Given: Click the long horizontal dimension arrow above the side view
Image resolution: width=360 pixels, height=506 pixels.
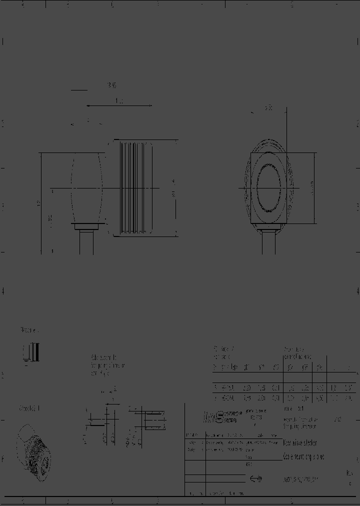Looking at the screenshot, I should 119,106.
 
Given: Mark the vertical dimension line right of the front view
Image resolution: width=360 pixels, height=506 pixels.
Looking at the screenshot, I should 314,188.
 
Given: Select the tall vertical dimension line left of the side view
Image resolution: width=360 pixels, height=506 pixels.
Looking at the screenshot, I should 41,202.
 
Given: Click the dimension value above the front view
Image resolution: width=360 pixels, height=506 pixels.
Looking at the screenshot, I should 268,107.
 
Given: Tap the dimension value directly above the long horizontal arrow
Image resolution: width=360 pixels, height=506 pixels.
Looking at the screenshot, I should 119,101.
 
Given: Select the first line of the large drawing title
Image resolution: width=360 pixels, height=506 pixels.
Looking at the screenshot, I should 300,443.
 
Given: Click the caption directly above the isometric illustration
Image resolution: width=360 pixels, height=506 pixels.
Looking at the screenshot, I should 29,409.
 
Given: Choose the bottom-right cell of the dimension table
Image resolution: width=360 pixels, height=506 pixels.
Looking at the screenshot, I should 348,398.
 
